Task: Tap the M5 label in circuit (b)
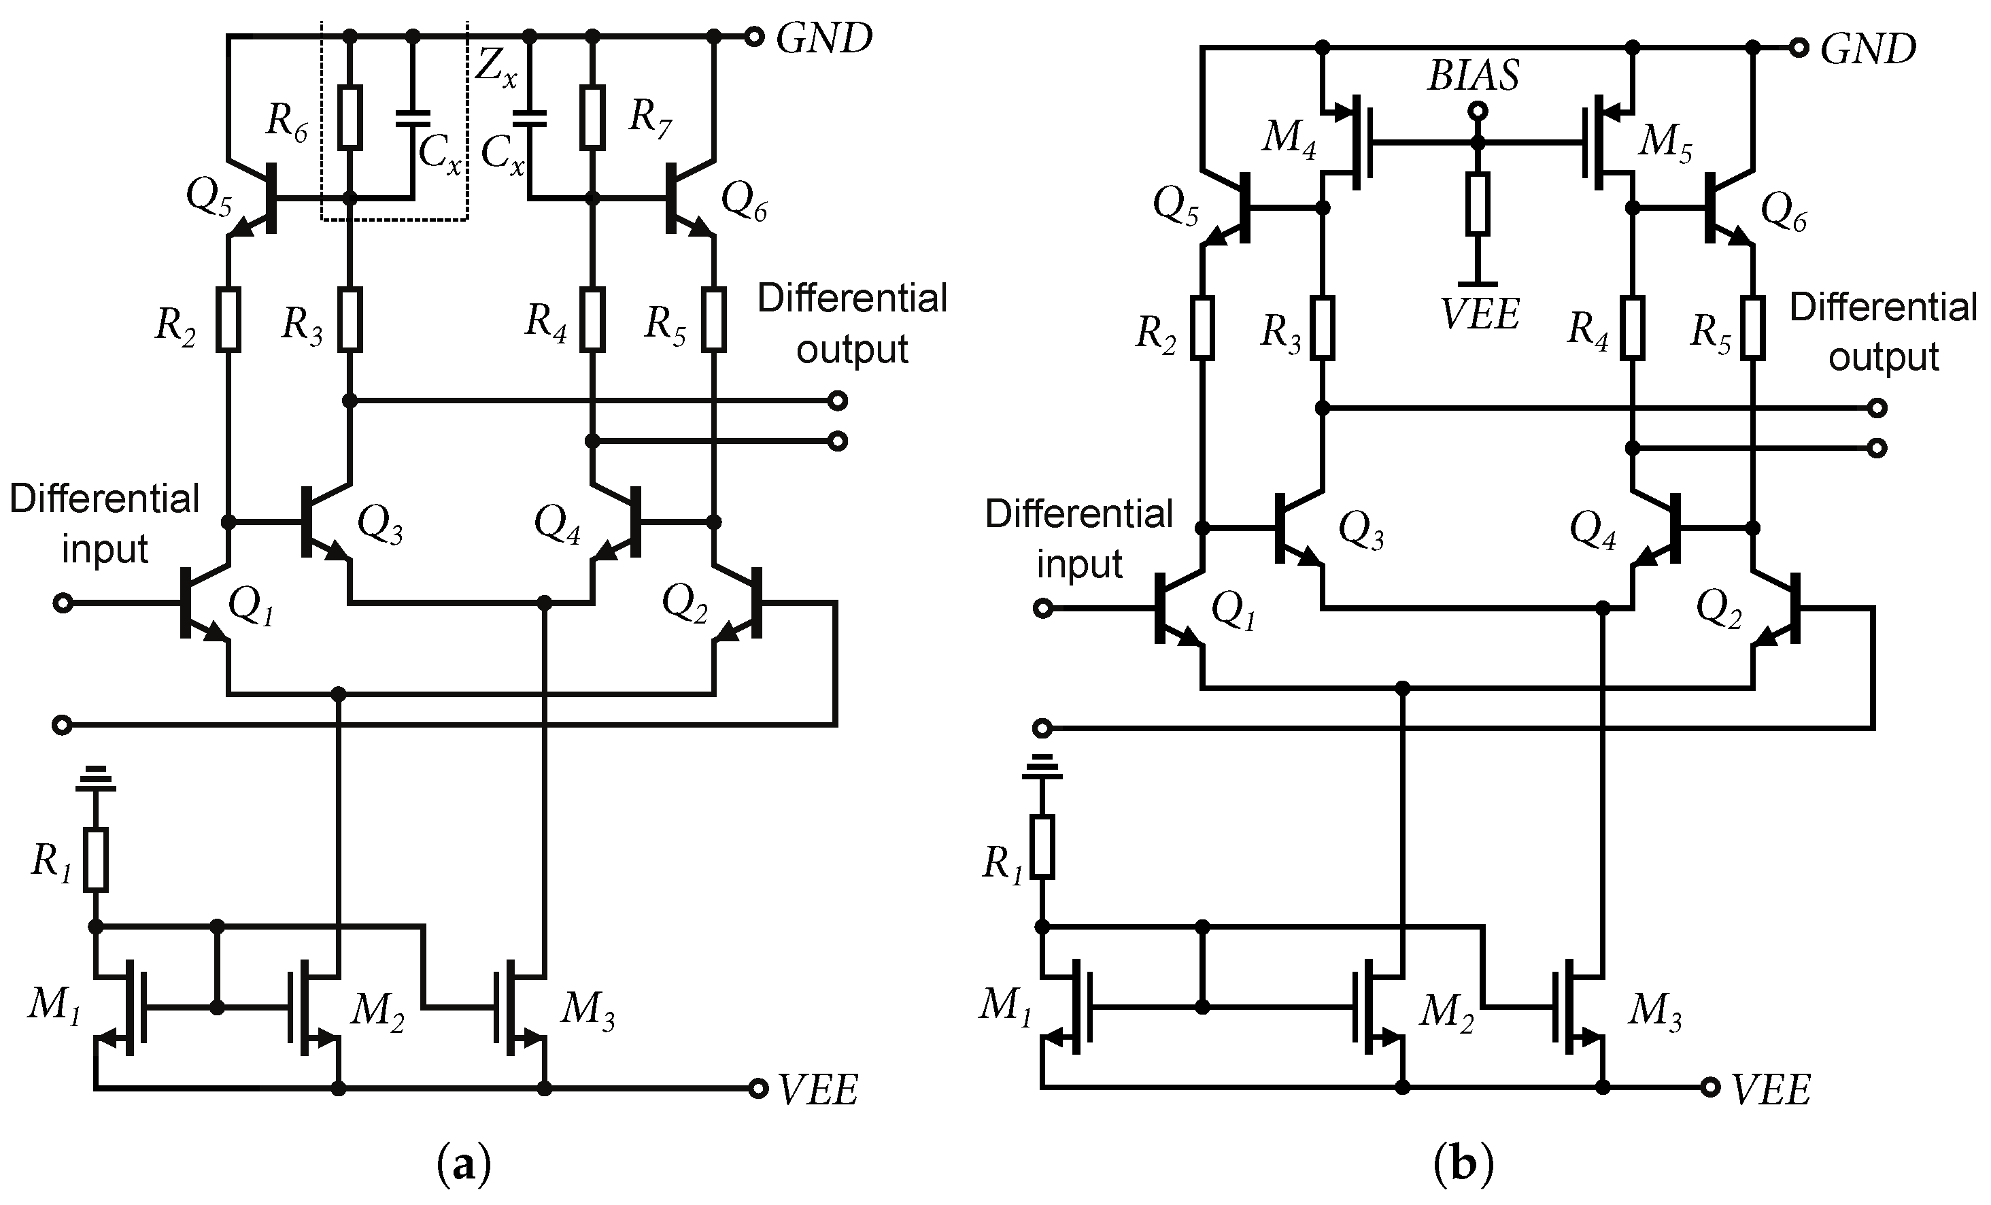pos(1665,144)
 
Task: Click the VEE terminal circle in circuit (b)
pos(1709,1088)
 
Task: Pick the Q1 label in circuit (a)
pos(252,605)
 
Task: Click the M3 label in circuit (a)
pos(588,1011)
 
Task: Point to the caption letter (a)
pos(464,1166)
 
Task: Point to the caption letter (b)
pos(1463,1166)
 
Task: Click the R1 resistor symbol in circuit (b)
pos(1042,847)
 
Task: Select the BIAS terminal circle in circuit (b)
pos(1477,111)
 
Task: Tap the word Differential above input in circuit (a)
pos(104,498)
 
